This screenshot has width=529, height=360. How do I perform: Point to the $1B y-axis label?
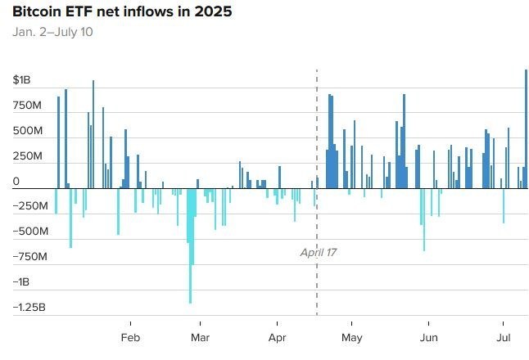click(21, 80)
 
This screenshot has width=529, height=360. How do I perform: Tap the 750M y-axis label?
click(27, 106)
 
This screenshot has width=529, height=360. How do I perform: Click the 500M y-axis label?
click(27, 131)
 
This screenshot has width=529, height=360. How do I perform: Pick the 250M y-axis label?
click(27, 156)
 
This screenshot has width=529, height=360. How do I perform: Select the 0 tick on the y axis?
click(16, 181)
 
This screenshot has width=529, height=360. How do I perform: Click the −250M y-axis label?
click(29, 206)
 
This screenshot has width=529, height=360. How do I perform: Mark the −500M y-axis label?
click(29, 232)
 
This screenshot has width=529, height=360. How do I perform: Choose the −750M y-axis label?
click(29, 257)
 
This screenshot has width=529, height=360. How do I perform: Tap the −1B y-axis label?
click(22, 282)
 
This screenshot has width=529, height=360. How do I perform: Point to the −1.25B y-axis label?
click(29, 308)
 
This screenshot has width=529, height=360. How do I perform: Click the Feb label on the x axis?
click(130, 338)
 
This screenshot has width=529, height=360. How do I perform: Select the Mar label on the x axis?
click(200, 338)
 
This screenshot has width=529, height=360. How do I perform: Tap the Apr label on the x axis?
click(278, 338)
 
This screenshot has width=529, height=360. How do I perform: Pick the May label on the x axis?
click(352, 338)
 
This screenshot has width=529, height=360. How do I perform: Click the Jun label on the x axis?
click(427, 338)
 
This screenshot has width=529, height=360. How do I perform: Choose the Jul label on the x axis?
click(504, 338)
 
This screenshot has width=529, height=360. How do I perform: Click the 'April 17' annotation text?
click(319, 253)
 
